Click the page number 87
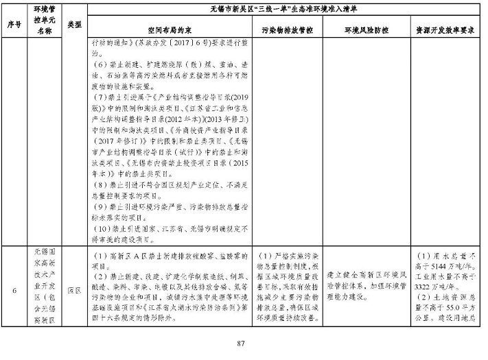(x=240, y=343)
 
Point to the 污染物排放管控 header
(x=288, y=32)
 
